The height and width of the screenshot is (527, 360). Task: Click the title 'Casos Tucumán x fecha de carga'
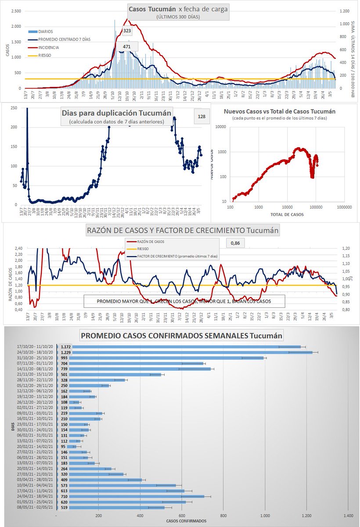tap(178, 9)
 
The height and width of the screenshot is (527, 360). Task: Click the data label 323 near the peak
tap(126, 31)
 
